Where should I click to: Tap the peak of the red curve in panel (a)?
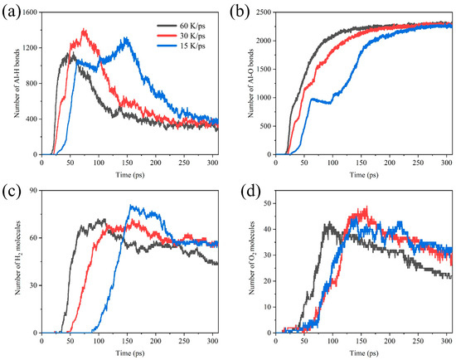point(84,31)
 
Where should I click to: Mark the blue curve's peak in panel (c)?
point(131,207)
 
